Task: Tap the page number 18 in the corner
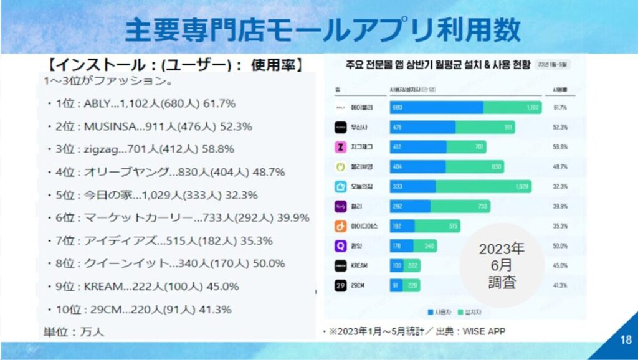point(626,340)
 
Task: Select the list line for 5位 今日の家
point(152,195)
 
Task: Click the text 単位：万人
point(74,331)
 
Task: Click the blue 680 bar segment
point(436,107)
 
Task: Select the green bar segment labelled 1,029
point(483,186)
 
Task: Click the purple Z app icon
point(340,147)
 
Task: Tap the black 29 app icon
point(340,285)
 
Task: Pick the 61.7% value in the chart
point(559,107)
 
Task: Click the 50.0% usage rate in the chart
point(559,246)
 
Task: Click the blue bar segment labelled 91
point(397,285)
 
